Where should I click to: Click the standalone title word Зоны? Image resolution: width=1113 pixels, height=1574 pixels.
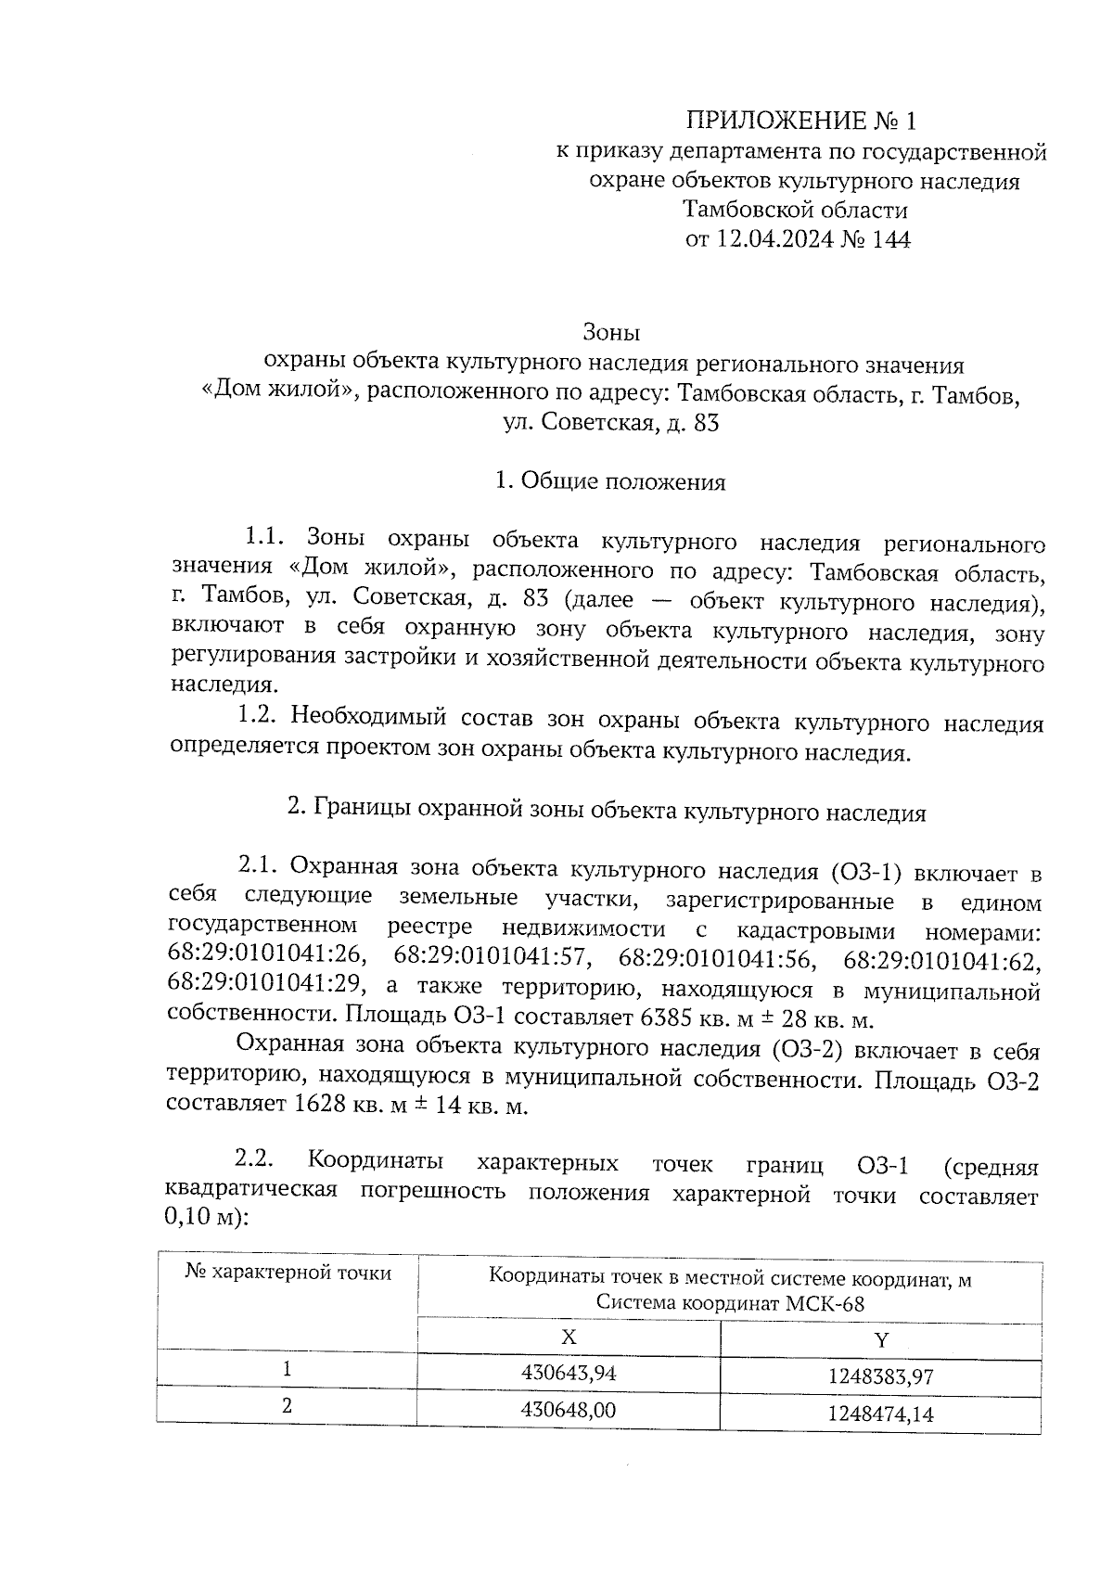(611, 331)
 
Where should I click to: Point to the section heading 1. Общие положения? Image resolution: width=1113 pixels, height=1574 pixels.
(610, 481)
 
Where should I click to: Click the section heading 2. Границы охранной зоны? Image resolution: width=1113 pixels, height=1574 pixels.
(607, 812)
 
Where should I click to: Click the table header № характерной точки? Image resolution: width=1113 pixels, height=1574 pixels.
(288, 1273)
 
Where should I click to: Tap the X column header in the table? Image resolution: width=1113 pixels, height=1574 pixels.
(569, 1337)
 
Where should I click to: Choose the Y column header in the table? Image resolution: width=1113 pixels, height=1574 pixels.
(881, 1339)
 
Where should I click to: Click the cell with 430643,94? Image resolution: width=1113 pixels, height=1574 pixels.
(569, 1372)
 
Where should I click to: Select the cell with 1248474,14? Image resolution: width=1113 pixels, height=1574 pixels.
(880, 1414)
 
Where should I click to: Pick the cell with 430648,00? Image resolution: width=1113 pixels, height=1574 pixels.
(569, 1410)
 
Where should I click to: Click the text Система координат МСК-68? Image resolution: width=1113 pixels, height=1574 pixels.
(729, 1303)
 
